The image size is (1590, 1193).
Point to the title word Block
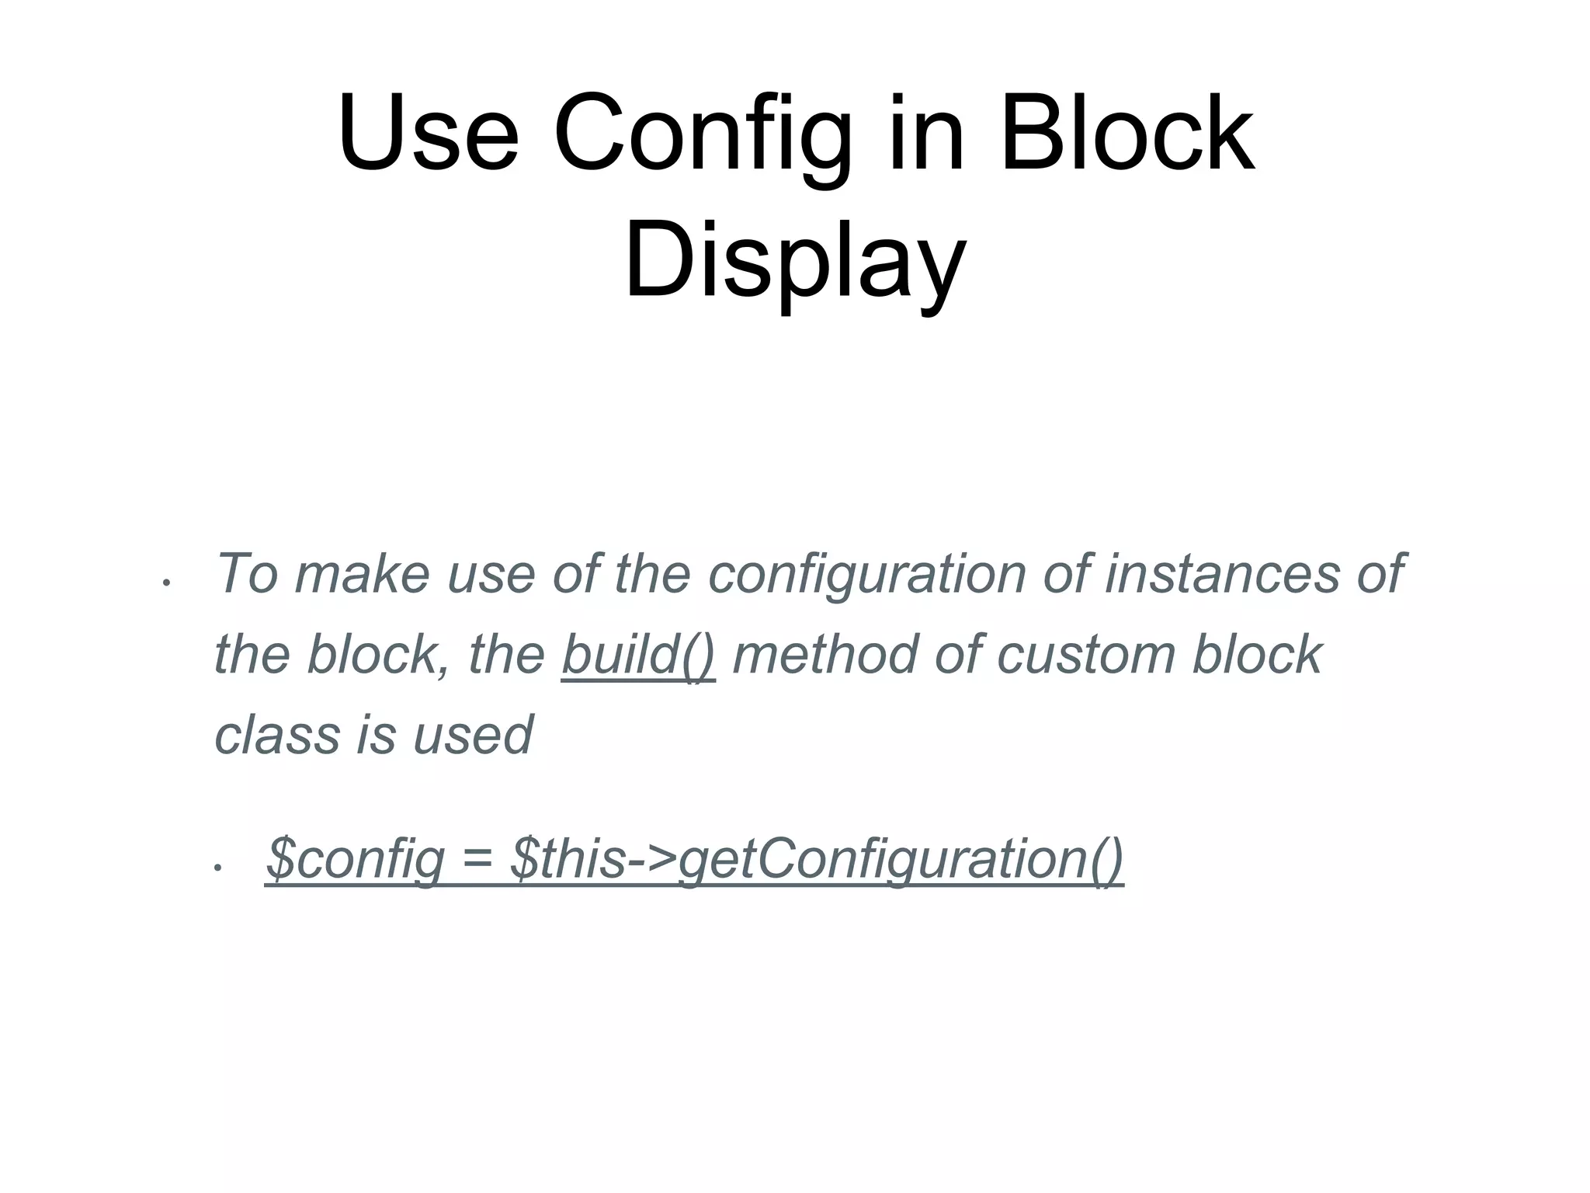click(1127, 133)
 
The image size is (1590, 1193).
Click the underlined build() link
click(638, 654)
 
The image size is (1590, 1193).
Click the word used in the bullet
click(473, 735)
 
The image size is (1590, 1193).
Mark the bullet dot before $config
click(218, 867)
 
